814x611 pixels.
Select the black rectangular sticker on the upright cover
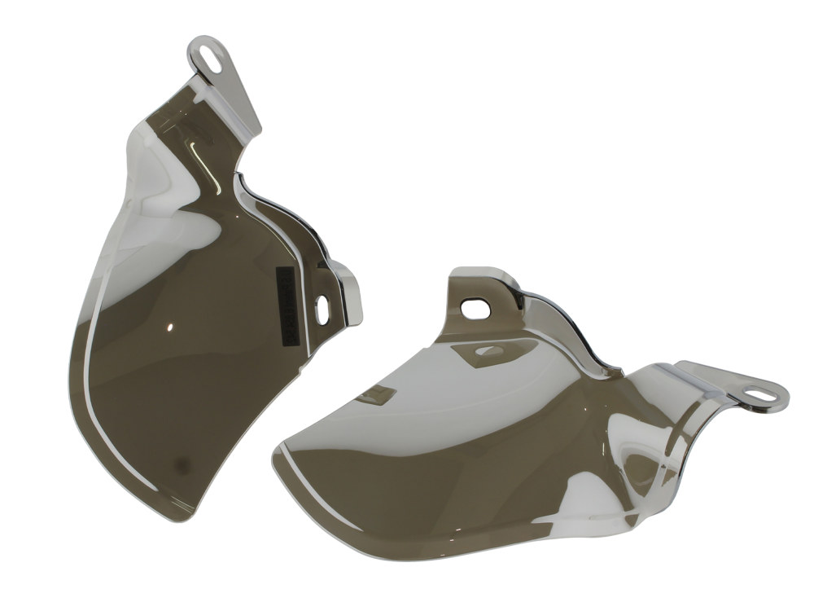(x=285, y=301)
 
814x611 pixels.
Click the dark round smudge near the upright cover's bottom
(x=184, y=466)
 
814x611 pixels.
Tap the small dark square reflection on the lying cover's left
(x=376, y=397)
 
